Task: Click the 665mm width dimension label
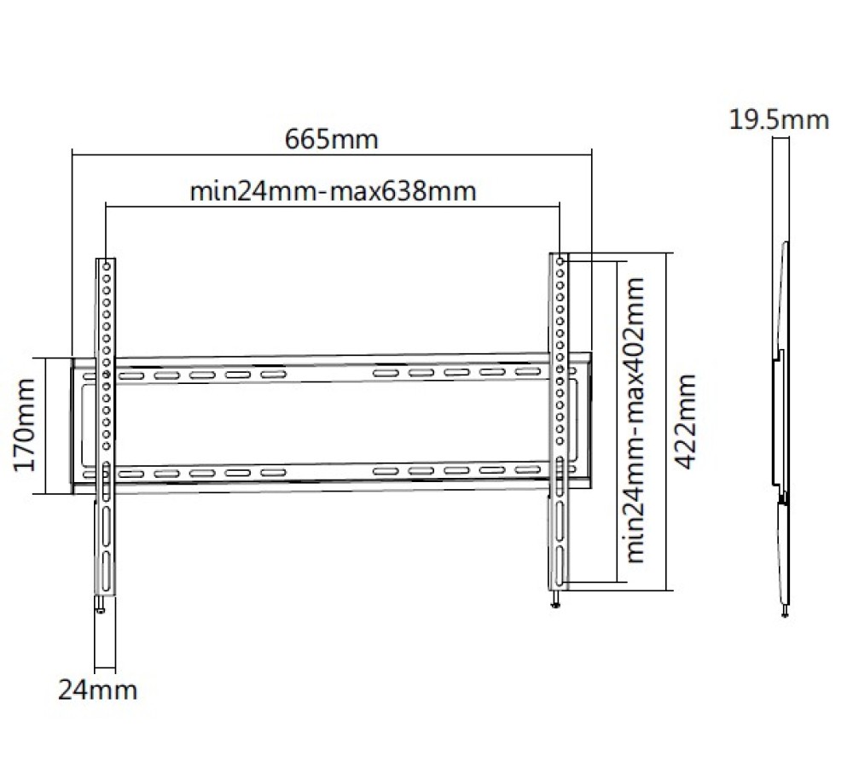tap(331, 139)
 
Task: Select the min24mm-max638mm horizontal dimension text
tap(333, 191)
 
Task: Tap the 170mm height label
tap(25, 425)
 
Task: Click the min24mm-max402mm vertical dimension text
tap(635, 420)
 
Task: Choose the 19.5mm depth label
tap(779, 119)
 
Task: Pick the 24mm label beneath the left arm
tap(97, 690)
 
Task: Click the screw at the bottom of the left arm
tap(101, 605)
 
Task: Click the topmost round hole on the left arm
tap(107, 267)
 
